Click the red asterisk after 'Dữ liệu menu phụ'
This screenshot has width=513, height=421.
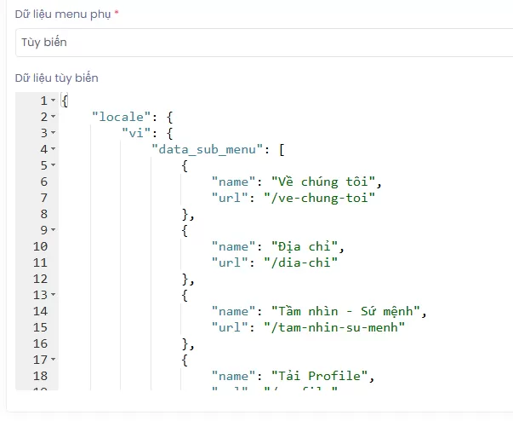click(x=116, y=13)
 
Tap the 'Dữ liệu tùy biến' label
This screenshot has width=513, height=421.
click(x=56, y=78)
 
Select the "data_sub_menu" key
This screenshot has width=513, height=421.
click(x=208, y=149)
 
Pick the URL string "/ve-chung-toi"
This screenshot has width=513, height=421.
click(x=323, y=198)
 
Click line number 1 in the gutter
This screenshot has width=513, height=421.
click(x=43, y=101)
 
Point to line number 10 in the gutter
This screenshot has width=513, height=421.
click(x=40, y=246)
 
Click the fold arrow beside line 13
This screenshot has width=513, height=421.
click(x=54, y=295)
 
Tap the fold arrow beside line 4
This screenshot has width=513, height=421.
click(x=54, y=149)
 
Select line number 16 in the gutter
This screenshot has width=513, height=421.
click(x=40, y=343)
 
